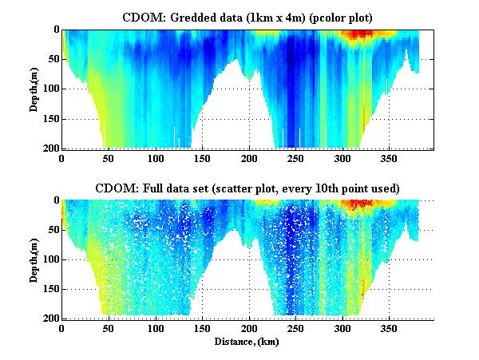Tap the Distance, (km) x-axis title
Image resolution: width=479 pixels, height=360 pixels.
point(247,342)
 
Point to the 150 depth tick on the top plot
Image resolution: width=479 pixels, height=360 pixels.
point(49,119)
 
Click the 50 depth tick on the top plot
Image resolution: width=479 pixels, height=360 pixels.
point(52,59)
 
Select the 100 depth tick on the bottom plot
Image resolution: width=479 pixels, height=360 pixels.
point(49,259)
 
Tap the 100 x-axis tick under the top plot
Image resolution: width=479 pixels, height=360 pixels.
point(156,158)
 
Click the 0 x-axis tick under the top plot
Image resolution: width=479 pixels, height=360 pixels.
point(62,158)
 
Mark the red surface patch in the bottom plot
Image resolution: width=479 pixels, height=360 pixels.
point(356,204)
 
